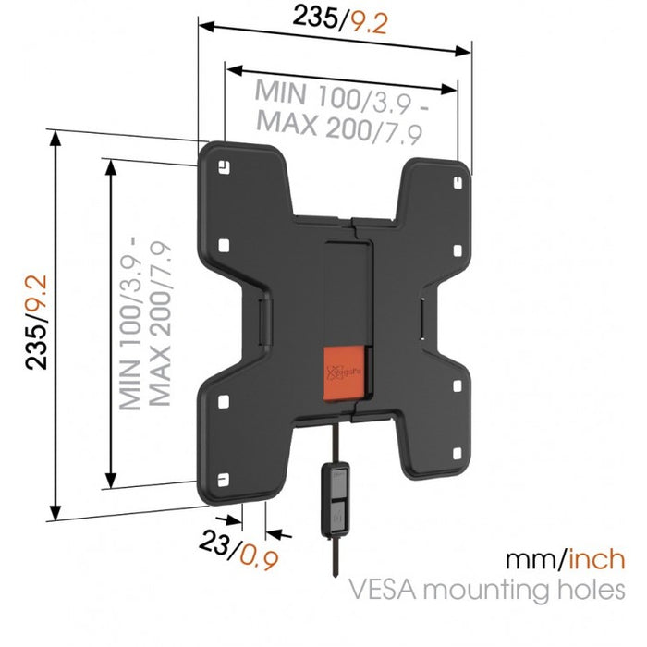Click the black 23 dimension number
click(x=215, y=543)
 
